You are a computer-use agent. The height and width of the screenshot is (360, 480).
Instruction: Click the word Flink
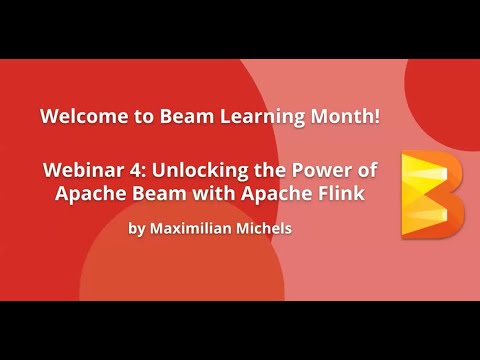coord(338,192)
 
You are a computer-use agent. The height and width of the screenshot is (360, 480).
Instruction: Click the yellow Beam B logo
coord(431,195)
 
